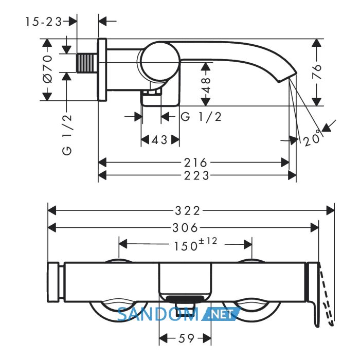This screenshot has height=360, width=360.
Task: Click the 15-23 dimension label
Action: [x=44, y=22]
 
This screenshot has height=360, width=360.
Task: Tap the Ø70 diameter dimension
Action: [x=47, y=68]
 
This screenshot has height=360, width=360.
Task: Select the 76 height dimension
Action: [x=316, y=71]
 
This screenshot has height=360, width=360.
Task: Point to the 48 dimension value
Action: [x=206, y=85]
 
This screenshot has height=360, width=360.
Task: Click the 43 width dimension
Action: [x=160, y=139]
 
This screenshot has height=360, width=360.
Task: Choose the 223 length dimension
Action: [x=196, y=176]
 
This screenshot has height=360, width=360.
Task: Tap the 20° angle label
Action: [x=312, y=138]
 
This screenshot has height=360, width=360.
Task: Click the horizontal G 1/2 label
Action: [x=201, y=117]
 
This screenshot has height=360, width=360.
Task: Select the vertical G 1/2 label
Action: [x=67, y=135]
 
